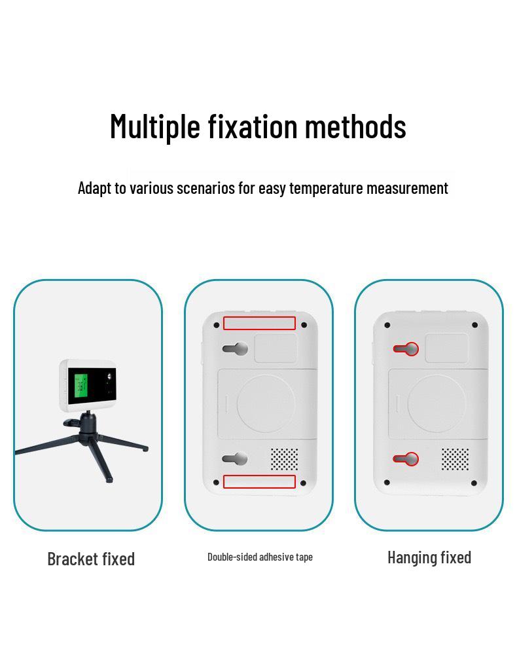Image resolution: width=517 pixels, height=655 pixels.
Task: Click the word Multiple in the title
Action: [x=154, y=126]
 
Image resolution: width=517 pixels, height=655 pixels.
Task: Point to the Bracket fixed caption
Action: [x=91, y=559]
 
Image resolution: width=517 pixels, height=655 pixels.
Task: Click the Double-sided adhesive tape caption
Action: [x=260, y=557]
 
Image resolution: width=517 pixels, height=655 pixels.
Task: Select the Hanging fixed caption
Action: [x=429, y=557]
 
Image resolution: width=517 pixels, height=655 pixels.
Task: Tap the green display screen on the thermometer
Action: [x=80, y=385]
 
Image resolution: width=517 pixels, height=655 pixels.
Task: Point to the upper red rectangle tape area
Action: [x=259, y=323]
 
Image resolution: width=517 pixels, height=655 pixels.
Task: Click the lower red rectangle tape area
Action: [x=259, y=481]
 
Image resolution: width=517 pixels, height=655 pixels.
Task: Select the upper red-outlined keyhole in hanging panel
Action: [x=406, y=348]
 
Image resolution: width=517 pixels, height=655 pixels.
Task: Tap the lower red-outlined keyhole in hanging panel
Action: [x=406, y=458]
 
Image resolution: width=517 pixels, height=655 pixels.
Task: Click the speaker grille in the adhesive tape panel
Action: [x=284, y=459]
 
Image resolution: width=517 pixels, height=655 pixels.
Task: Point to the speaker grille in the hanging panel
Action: [x=455, y=459]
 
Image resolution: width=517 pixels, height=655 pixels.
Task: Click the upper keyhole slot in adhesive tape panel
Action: [x=236, y=348]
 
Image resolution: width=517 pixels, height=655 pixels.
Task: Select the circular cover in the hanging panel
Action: [x=437, y=403]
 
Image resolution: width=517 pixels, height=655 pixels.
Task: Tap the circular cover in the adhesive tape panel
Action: [x=266, y=403]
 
